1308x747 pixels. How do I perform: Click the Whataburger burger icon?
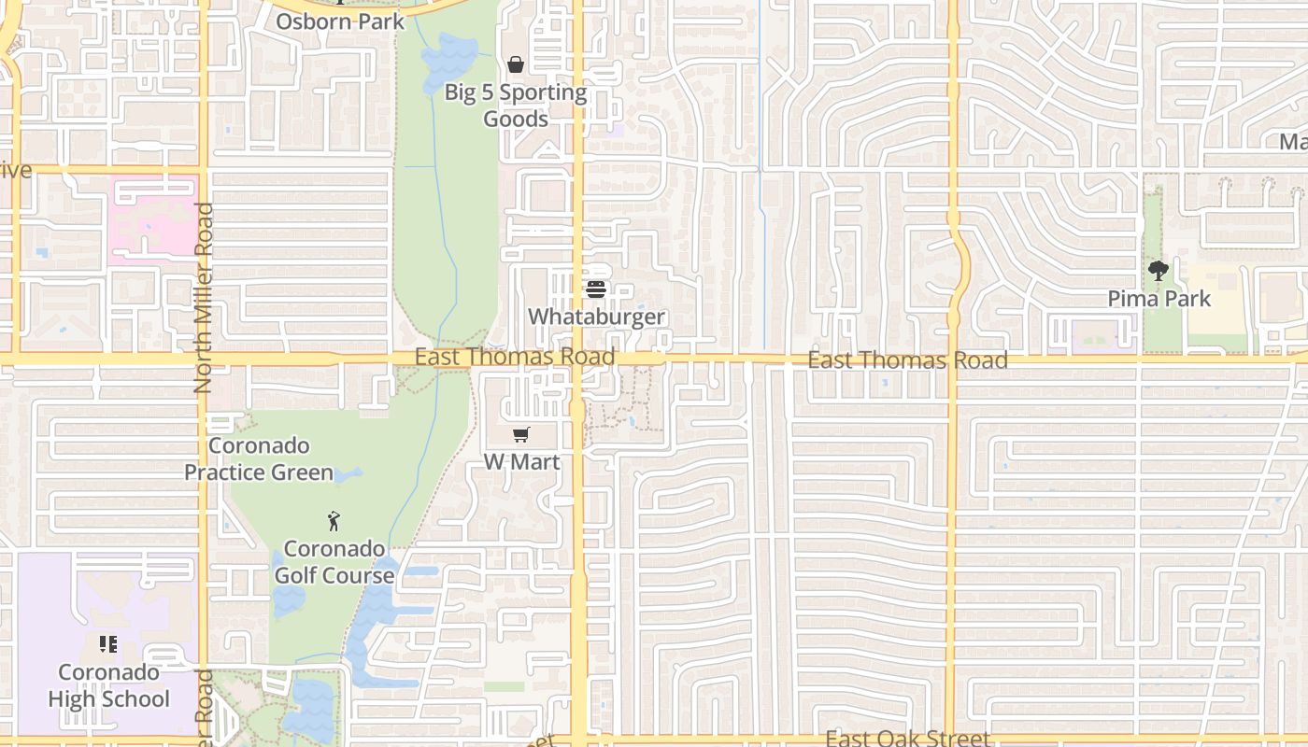click(x=596, y=289)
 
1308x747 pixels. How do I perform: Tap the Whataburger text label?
click(x=596, y=317)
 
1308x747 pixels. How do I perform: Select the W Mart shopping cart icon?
click(x=521, y=434)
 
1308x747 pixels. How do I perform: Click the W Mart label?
click(x=521, y=461)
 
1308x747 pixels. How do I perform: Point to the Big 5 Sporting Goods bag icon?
click(x=515, y=64)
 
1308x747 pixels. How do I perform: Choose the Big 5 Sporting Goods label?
click(x=516, y=106)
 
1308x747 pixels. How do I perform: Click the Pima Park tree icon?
click(x=1159, y=272)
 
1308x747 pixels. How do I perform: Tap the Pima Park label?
click(x=1159, y=299)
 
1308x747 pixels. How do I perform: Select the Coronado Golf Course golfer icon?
click(x=334, y=521)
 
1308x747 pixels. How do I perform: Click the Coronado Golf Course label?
click(x=334, y=561)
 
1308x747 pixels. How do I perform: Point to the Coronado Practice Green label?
click(x=259, y=458)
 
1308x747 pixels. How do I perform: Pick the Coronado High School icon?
click(x=108, y=644)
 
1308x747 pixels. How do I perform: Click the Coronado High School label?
click(x=108, y=685)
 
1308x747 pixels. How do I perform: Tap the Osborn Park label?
click(x=340, y=21)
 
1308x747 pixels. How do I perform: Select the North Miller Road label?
click(x=204, y=298)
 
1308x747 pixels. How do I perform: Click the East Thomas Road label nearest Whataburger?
click(x=515, y=357)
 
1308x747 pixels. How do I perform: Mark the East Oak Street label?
click(x=907, y=739)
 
